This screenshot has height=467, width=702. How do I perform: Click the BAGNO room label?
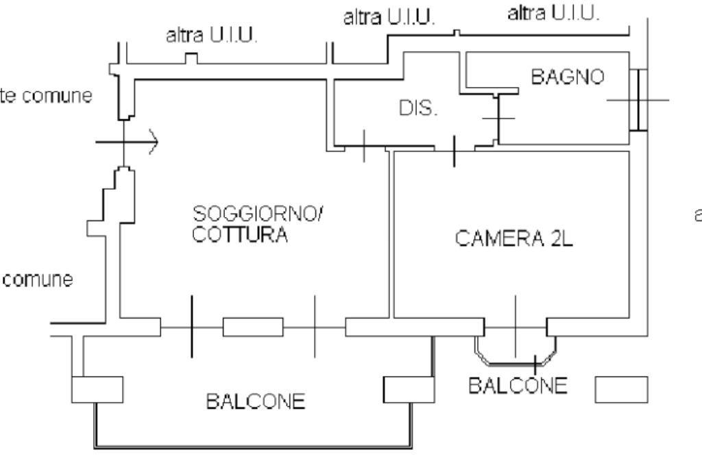click(x=568, y=77)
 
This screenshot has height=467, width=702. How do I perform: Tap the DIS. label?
click(x=418, y=109)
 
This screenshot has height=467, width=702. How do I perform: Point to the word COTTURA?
click(x=239, y=235)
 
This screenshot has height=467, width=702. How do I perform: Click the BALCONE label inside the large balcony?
click(x=256, y=401)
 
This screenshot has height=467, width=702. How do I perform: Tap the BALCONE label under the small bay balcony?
click(x=518, y=386)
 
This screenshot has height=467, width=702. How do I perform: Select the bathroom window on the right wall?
click(x=638, y=100)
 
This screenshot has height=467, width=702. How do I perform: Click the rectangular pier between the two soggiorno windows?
click(x=253, y=327)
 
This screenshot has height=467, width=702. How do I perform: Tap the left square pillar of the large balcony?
click(x=97, y=390)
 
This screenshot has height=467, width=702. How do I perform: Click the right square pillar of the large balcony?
click(x=408, y=390)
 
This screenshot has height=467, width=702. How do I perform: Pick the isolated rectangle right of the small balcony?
click(x=620, y=389)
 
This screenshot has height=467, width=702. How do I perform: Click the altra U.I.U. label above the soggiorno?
click(x=212, y=36)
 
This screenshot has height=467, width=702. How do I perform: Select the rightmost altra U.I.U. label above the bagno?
click(x=554, y=13)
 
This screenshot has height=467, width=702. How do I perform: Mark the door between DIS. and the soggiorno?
click(x=363, y=147)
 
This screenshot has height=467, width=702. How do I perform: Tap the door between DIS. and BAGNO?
click(x=498, y=118)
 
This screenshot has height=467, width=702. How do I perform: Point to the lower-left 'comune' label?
click(x=38, y=280)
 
